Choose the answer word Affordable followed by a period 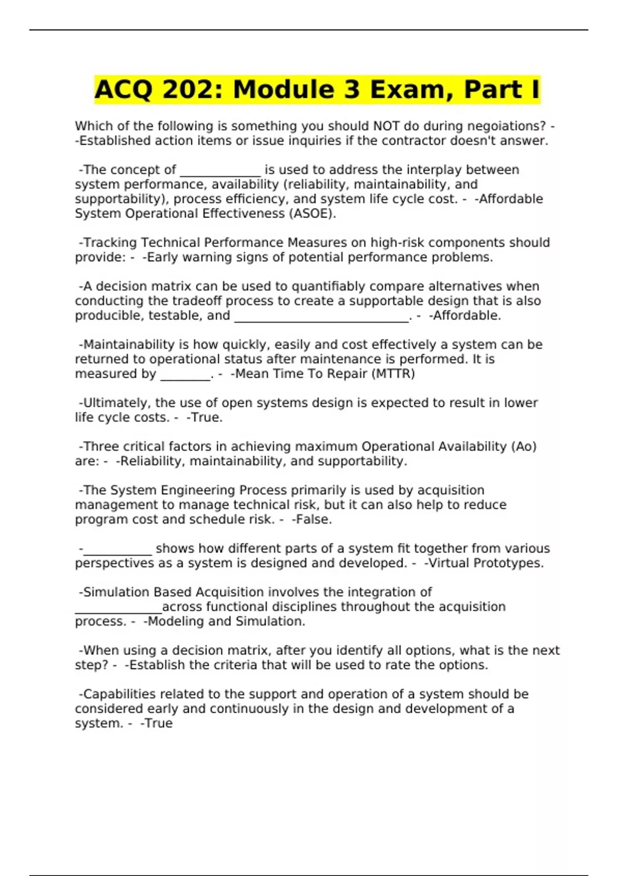[467, 315]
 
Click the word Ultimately [115, 403]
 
